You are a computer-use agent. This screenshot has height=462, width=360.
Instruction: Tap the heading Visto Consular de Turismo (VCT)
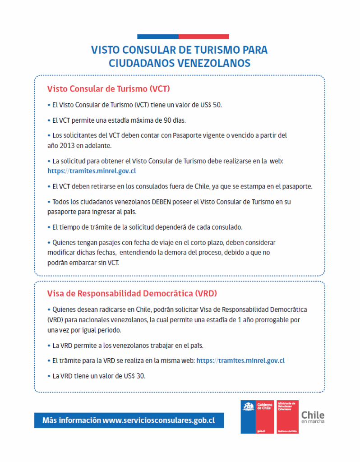point(108,88)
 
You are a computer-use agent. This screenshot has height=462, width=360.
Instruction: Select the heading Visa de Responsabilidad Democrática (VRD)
point(132,293)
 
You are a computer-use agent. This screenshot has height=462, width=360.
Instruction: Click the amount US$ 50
point(210,105)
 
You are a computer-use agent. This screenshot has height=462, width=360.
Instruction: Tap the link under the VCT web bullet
point(92,171)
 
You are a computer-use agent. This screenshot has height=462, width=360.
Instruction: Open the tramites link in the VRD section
point(240,360)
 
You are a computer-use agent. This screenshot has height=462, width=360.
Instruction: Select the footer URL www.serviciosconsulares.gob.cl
point(158,420)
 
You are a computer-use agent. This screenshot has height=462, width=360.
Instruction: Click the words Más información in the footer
point(71,420)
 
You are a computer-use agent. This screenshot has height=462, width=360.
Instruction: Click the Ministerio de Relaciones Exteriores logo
point(287,417)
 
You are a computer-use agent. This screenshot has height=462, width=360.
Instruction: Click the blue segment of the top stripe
point(157,37)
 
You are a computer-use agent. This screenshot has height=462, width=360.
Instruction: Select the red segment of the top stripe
point(203,37)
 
